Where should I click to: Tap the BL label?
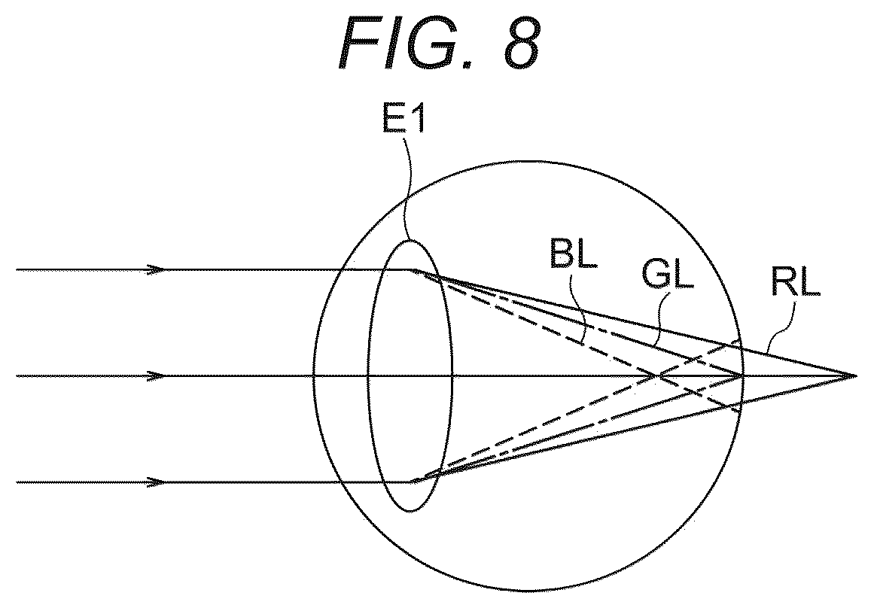point(573,254)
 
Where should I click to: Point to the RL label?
point(796,282)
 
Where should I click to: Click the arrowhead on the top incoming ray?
point(157,269)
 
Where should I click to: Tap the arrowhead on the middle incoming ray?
point(157,376)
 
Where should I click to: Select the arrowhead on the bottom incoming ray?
point(157,482)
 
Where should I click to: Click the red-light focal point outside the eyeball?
point(856,376)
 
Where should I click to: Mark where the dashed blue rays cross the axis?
point(656,376)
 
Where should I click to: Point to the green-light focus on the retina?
point(742,376)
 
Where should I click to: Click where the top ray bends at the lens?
point(413,270)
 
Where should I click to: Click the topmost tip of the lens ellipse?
point(411,240)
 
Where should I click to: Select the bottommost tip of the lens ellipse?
point(411,511)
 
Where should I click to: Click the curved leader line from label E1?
point(409,187)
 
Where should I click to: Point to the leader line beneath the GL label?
point(659,318)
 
